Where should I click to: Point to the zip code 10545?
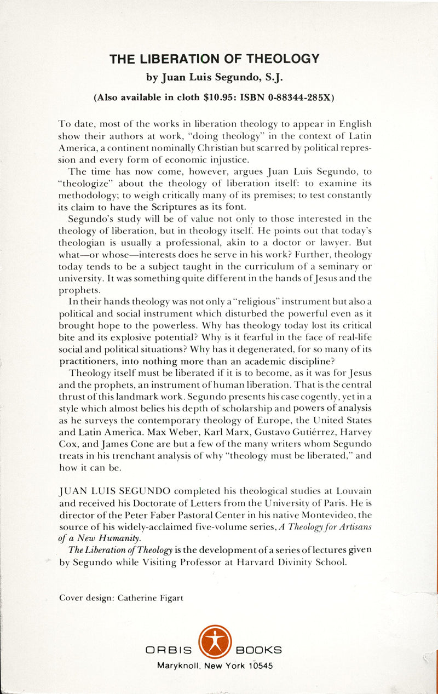(260, 666)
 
